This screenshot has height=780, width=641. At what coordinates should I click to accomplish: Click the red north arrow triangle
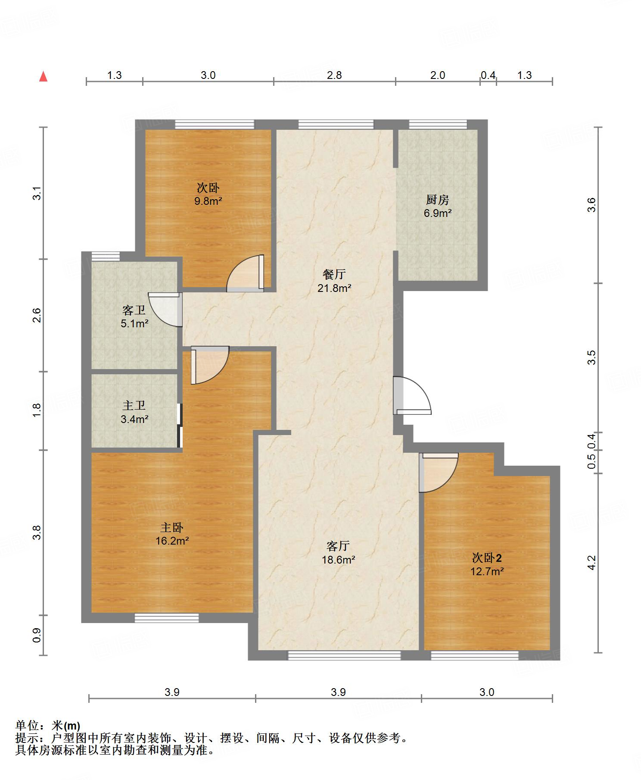tap(43, 76)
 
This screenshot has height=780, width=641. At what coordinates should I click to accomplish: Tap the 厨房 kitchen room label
tap(437, 200)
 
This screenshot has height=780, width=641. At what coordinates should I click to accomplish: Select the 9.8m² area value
tap(208, 200)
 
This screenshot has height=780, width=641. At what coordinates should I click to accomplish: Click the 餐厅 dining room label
tap(334, 274)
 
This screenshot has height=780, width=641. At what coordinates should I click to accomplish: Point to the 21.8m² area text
tap(334, 288)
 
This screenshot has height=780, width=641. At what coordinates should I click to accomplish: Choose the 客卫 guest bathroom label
tap(134, 310)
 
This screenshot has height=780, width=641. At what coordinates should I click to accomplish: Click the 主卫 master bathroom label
tap(134, 405)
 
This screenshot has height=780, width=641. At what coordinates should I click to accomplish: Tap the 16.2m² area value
tap(172, 541)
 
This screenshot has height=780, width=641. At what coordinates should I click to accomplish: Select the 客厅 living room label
tap(338, 546)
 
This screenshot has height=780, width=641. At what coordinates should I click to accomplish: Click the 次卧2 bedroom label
tap(487, 558)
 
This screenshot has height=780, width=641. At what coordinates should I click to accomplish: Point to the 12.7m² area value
tap(487, 572)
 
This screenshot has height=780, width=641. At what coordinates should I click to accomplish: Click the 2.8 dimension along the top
tap(334, 75)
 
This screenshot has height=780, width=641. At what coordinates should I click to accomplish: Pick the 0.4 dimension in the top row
tap(488, 75)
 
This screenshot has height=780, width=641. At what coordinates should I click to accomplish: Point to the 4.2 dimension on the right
tap(592, 562)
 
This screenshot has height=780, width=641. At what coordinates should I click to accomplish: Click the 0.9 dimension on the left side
tap(37, 635)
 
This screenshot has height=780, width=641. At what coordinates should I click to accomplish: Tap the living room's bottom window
tap(344, 655)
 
